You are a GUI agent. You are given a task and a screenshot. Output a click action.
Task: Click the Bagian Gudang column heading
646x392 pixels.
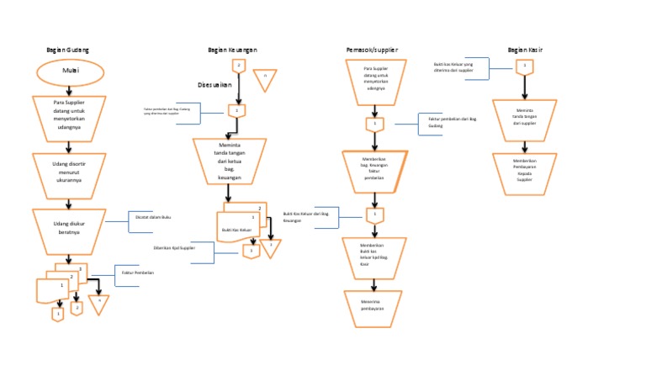[x=68, y=50]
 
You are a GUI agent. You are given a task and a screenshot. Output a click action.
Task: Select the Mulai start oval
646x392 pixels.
[x=70, y=72]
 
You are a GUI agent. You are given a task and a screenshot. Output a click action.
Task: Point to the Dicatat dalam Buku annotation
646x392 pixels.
[x=153, y=216]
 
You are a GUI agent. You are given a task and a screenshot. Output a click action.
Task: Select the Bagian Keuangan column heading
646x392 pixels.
[x=232, y=50]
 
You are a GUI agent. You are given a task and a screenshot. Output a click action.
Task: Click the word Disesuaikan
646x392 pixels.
[x=214, y=85]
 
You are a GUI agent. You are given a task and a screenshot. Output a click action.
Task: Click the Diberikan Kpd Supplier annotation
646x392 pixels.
[x=175, y=248]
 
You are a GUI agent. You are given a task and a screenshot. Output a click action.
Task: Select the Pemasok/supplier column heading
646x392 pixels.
[x=373, y=50]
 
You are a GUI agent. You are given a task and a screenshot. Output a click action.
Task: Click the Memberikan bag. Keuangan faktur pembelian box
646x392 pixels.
[x=374, y=172]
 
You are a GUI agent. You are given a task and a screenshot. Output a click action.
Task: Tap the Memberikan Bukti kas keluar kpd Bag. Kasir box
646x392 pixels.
[x=374, y=254]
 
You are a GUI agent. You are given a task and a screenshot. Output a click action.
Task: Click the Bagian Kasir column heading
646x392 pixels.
[x=525, y=50]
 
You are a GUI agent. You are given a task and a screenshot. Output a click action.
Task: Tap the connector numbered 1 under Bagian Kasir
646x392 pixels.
[x=525, y=65]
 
